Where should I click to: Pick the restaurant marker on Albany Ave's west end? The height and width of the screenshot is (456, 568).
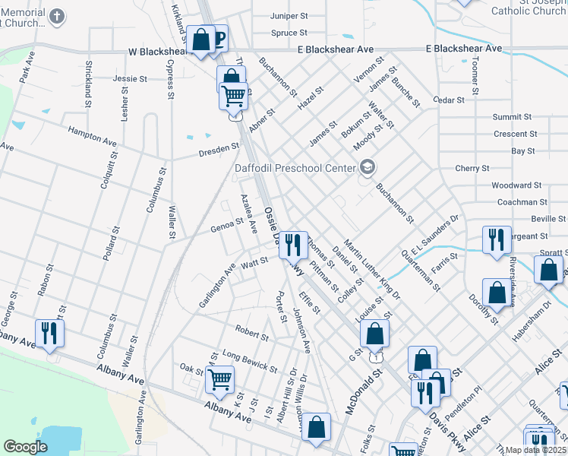49,332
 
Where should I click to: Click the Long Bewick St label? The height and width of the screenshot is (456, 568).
249,362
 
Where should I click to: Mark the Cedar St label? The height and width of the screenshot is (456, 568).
448,100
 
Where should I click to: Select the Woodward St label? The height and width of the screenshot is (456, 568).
516,185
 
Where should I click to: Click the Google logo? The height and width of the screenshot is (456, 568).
25,447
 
